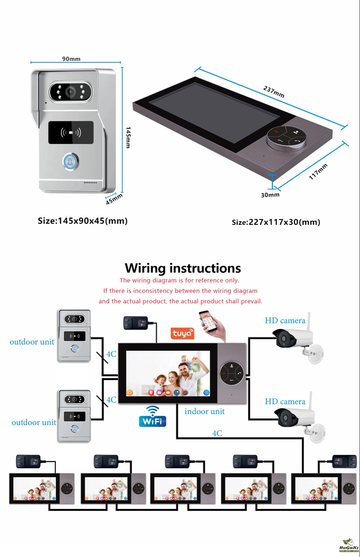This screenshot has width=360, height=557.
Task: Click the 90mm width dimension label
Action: coord(71,59)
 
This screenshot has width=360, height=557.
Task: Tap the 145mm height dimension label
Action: coord(128,137)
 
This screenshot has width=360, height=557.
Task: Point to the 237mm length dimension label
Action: coord(274,92)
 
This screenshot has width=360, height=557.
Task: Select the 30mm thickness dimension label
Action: coord(270,195)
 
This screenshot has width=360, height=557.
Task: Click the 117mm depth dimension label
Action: coord(318,171)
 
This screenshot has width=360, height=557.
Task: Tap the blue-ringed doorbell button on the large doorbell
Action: coord(70,162)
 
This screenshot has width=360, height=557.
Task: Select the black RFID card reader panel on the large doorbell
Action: coord(71,133)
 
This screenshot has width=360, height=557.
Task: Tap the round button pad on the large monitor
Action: coord(286,137)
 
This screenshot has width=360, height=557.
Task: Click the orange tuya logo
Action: coord(182,333)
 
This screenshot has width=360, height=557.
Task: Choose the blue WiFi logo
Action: coord(153,417)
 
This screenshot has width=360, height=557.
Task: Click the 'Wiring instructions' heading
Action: coord(183,268)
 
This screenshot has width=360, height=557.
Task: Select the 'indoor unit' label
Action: coord(204,411)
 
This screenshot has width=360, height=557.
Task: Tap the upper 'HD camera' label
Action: coord(285,321)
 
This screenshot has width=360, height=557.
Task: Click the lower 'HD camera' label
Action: coord(285,402)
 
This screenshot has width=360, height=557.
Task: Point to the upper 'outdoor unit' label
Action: coord(32,342)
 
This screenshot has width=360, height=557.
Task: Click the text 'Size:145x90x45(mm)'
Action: coord(83,221)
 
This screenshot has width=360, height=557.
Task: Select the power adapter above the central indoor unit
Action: coord(136,322)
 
